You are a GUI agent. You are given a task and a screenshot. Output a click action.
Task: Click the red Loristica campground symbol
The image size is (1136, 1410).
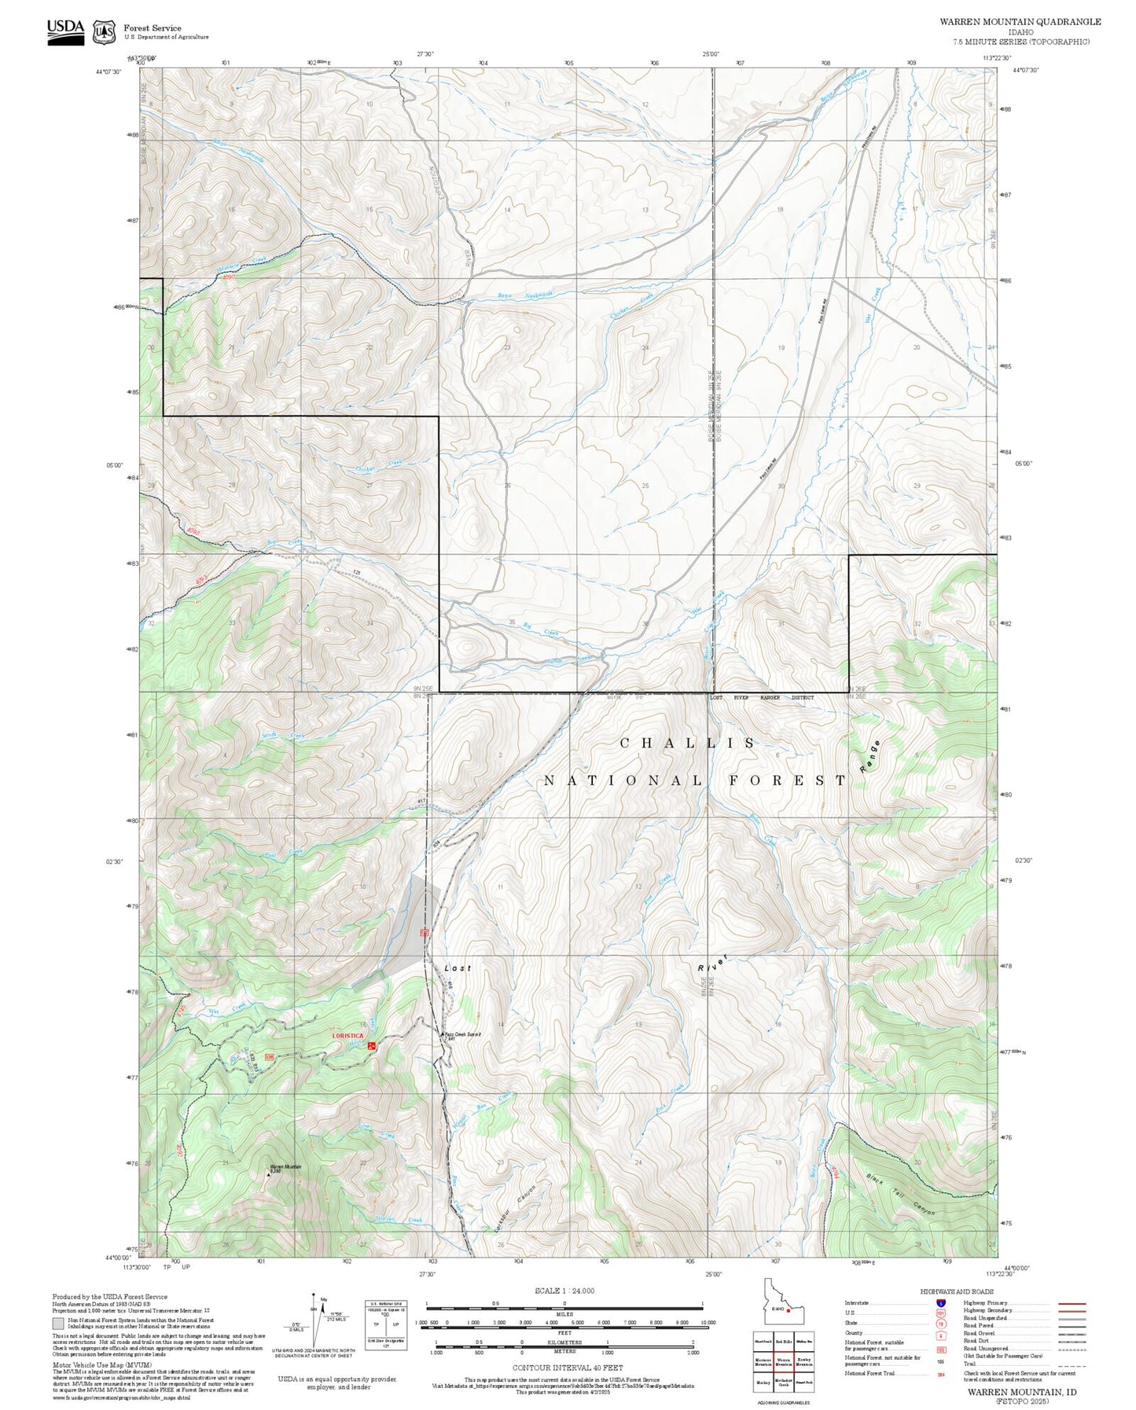(x=372, y=1045)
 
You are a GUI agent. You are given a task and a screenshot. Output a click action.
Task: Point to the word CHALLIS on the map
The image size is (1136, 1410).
(x=688, y=743)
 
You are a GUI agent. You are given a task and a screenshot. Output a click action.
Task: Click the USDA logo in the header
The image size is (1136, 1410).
(x=65, y=31)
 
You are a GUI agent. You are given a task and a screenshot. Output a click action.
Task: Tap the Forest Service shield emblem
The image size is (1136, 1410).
(x=103, y=32)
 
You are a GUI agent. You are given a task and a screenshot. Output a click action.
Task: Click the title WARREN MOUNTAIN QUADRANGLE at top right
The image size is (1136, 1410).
(x=1020, y=22)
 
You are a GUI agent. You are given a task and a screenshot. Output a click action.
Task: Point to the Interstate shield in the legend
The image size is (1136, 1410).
(x=941, y=1303)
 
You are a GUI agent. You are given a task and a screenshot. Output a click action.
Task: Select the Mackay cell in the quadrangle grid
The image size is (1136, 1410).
(x=763, y=1381)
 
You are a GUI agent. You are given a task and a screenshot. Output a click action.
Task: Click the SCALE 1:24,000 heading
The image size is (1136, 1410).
(x=564, y=1291)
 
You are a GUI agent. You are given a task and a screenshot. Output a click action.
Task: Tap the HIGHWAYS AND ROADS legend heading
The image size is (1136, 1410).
(x=957, y=1291)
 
